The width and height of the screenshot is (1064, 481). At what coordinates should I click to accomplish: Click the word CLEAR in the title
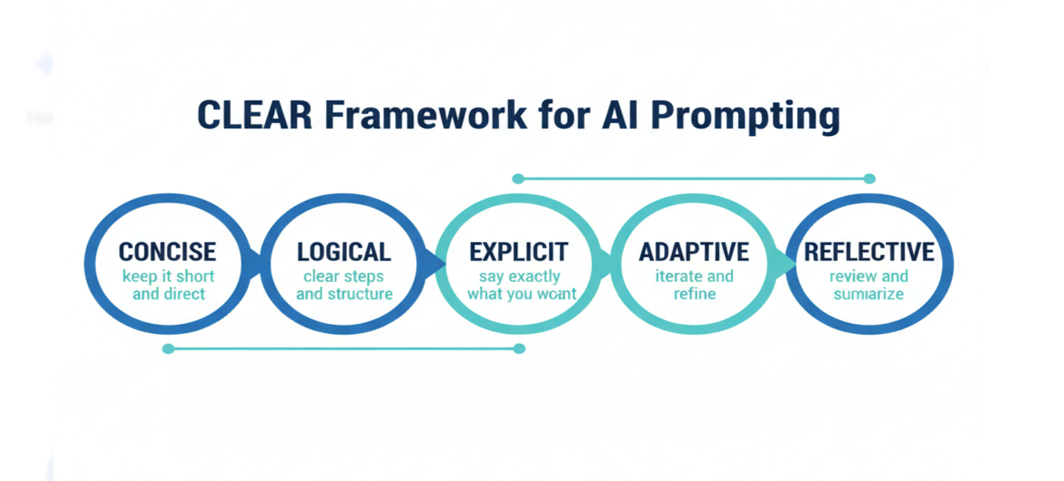tap(254, 115)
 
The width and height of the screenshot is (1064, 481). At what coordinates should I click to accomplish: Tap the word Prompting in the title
tap(745, 117)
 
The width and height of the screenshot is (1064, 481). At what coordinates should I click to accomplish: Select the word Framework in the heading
tap(426, 115)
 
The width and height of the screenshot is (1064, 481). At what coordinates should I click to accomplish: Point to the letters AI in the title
tap(620, 115)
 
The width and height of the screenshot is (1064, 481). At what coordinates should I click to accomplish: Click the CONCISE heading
tap(167, 252)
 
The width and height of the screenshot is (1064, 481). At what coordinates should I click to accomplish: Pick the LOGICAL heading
tap(343, 252)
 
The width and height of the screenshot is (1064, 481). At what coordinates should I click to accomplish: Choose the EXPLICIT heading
tap(518, 252)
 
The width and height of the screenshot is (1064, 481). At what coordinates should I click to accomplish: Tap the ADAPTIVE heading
tap(694, 252)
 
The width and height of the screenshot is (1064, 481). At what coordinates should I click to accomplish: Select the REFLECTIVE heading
tap(869, 252)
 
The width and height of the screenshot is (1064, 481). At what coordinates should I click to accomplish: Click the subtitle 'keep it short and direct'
tap(168, 285)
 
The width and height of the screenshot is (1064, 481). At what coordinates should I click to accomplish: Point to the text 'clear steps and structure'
tap(344, 285)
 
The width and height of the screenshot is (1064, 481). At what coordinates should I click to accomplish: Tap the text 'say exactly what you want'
tap(521, 285)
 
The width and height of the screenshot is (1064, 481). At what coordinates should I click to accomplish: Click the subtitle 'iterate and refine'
tap(694, 285)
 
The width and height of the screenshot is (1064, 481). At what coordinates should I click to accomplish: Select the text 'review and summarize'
tap(868, 285)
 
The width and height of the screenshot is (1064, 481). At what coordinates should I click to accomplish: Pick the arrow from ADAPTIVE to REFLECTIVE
tap(785, 264)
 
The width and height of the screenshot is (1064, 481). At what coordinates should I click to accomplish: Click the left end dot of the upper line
tap(518, 178)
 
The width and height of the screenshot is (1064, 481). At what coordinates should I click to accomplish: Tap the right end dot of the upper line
tap(870, 178)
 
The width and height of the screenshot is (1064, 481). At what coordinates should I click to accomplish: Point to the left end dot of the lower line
tap(168, 349)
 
